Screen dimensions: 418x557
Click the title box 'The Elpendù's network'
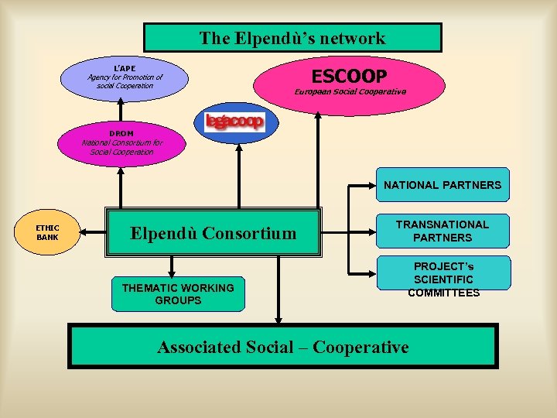(292, 37)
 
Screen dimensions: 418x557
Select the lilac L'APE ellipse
(125, 77)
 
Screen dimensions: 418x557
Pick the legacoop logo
(234, 122)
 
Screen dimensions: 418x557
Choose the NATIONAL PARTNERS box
(443, 185)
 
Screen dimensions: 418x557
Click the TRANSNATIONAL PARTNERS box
(443, 231)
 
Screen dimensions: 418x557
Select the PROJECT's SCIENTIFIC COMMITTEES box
(443, 279)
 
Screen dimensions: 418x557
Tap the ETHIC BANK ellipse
(48, 232)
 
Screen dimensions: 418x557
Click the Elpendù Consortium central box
(213, 232)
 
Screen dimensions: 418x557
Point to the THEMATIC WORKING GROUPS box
(177, 293)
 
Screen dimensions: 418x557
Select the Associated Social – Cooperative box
(283, 347)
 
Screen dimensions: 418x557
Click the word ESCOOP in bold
(348, 75)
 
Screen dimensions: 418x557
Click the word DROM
(121, 134)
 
